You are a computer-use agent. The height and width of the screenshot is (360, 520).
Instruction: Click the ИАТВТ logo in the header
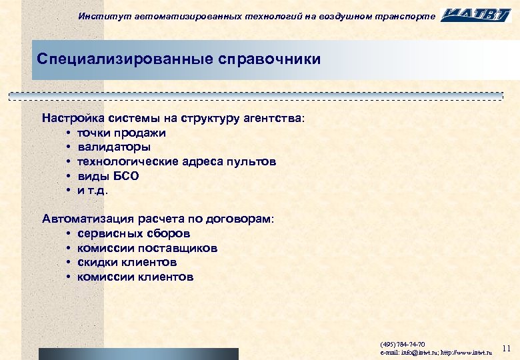pos(476,15)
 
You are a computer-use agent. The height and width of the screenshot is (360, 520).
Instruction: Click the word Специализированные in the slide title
pos(125,59)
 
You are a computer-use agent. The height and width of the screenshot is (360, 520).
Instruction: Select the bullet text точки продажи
pos(122,133)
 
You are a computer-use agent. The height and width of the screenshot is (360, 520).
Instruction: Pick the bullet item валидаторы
pos(114,147)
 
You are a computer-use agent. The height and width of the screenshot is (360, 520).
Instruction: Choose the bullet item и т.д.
pos(92,190)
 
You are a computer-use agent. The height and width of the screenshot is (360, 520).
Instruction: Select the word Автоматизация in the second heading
pos(87,219)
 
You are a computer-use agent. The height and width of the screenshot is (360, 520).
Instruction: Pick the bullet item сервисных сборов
pos(134,233)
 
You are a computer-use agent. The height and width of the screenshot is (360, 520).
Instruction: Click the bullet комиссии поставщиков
pos(147,248)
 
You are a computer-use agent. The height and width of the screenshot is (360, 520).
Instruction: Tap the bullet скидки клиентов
pos(127,262)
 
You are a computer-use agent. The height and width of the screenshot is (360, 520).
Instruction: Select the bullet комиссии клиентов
pos(135,277)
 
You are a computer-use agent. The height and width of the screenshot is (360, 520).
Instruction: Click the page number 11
pos(505,348)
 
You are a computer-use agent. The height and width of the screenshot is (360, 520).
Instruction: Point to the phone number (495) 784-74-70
pos(402,344)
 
